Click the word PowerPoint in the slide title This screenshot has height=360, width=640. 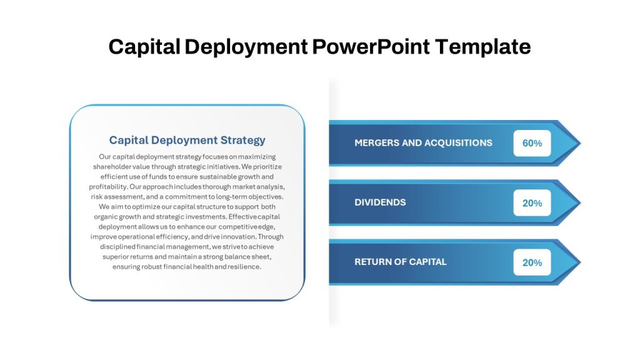[x=371, y=46]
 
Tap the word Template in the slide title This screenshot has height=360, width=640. [x=483, y=47]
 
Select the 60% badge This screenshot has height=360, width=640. [x=532, y=143]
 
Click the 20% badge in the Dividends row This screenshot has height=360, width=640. [x=532, y=203]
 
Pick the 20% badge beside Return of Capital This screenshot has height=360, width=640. [x=532, y=262]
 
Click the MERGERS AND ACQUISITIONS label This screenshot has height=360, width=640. [x=423, y=143]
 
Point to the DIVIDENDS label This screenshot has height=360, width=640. [x=380, y=202]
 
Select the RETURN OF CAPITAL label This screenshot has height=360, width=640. [x=401, y=262]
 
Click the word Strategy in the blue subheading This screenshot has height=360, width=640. [x=243, y=141]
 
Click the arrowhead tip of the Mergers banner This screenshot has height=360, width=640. [x=580, y=143]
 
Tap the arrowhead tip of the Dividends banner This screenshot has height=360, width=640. [x=580, y=203]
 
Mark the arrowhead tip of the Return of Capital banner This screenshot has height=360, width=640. [x=580, y=262]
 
